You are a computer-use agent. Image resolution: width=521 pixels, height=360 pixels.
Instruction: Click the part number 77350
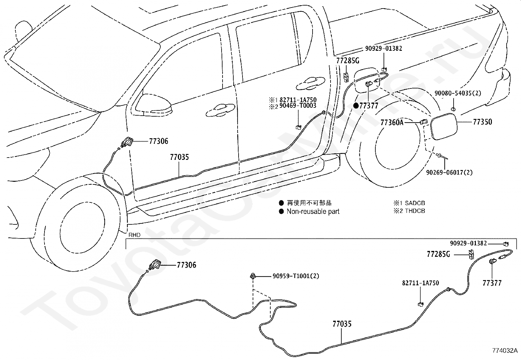[482, 122]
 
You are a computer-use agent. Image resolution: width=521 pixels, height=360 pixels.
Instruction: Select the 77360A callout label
[392, 122]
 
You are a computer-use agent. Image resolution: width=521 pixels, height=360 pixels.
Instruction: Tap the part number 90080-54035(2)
[458, 93]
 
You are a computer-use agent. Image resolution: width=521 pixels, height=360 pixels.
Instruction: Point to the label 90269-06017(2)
[449, 173]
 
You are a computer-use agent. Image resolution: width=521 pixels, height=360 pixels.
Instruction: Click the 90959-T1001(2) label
[296, 276]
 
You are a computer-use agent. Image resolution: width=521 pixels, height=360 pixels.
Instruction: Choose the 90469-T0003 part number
[298, 106]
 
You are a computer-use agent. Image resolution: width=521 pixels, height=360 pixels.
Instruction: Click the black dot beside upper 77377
[356, 106]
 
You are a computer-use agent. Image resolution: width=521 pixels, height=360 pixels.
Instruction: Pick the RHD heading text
[135, 235]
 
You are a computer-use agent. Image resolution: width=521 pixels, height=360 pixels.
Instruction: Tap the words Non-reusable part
[313, 211]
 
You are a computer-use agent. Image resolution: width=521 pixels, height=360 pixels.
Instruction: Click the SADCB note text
[415, 203]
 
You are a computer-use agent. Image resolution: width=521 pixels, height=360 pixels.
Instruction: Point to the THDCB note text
[415, 211]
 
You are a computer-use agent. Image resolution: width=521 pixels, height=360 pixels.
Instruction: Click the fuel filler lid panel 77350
[444, 126]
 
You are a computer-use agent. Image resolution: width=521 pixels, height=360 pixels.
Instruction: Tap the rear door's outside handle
[311, 83]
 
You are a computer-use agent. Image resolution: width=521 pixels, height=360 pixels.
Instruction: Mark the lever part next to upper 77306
[127, 142]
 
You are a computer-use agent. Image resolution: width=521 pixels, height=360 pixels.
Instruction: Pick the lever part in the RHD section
[155, 266]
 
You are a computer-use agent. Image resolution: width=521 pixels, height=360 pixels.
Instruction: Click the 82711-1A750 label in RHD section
[421, 283]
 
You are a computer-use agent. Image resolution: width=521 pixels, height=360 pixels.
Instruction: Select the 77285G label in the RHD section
[439, 254]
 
